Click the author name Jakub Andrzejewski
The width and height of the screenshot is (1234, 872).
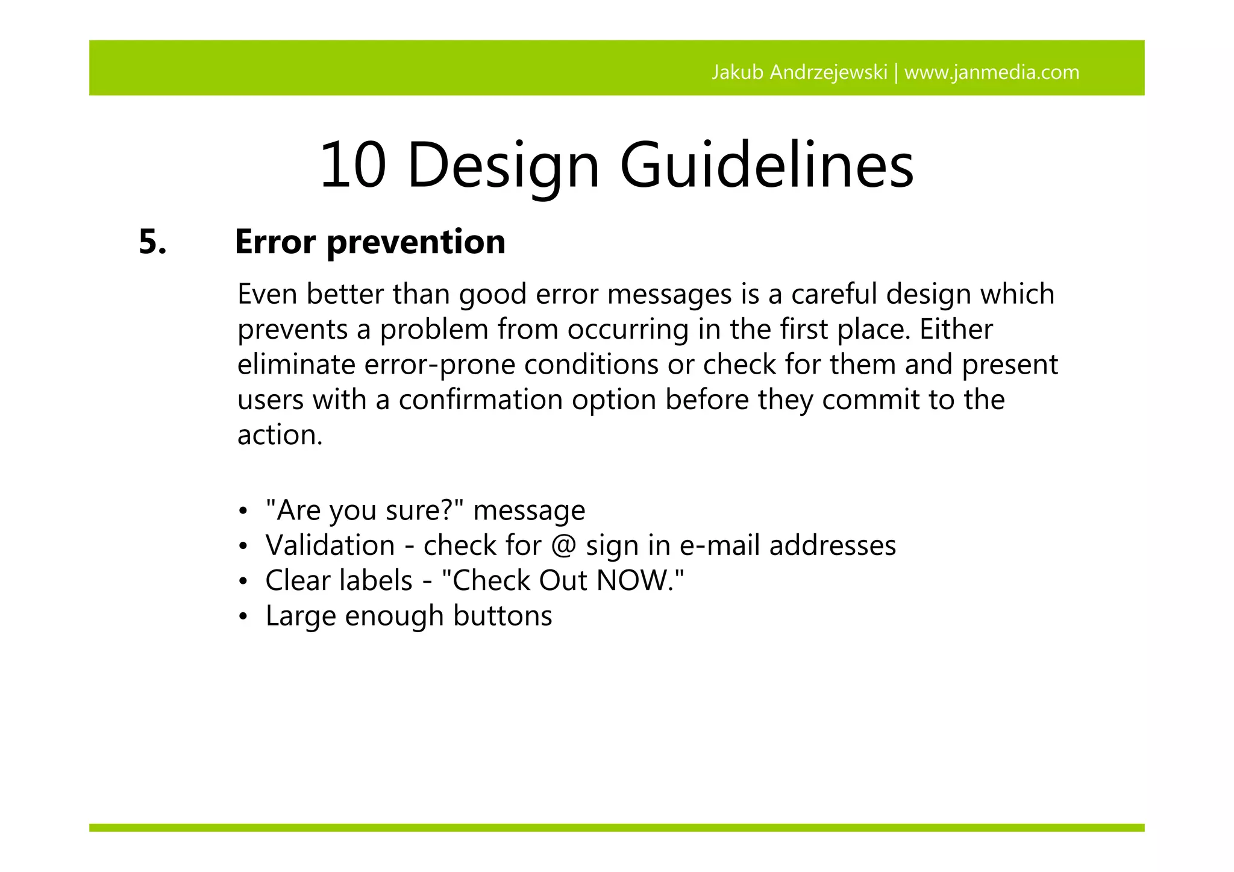tap(799, 72)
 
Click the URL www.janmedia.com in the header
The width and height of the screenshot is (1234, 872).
tap(992, 72)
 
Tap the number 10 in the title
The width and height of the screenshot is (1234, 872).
tap(352, 165)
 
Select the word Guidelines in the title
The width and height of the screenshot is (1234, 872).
tap(766, 165)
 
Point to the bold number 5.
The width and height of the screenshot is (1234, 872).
tap(152, 242)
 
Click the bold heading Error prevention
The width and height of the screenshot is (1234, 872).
tap(370, 242)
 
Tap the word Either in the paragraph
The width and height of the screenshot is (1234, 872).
tap(956, 329)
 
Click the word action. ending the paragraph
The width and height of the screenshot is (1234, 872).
tap(280, 435)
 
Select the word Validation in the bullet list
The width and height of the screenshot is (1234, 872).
tap(330, 545)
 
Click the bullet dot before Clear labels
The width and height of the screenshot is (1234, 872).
tap(242, 582)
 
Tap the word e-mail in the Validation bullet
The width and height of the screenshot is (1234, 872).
tap(720, 545)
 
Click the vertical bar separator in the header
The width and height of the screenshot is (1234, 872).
tap(896, 72)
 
